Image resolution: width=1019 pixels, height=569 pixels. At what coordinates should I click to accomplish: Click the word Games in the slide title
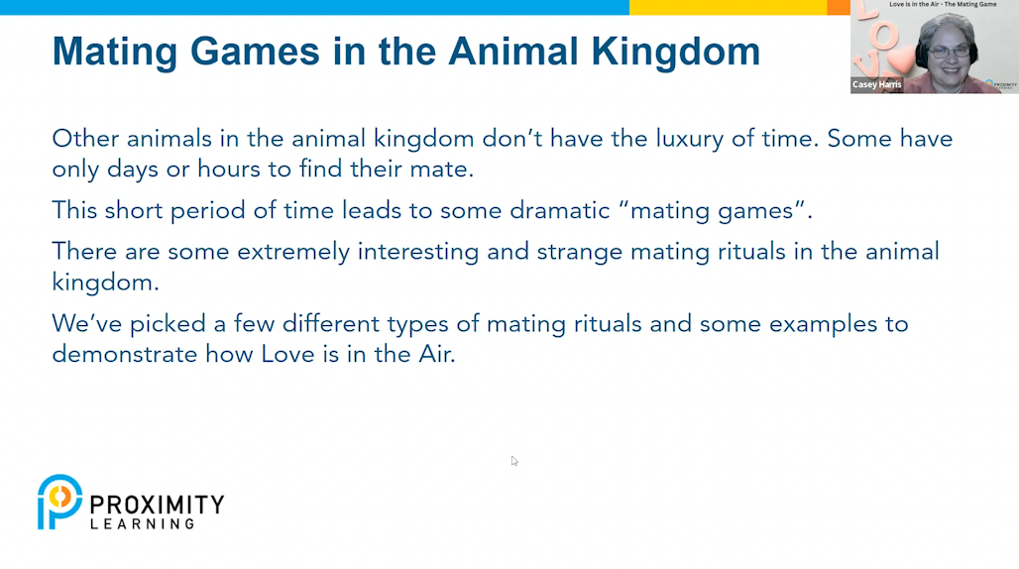click(x=255, y=52)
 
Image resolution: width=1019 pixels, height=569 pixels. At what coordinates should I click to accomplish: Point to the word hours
click(x=229, y=169)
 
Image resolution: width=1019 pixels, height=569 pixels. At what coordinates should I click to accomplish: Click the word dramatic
click(x=559, y=210)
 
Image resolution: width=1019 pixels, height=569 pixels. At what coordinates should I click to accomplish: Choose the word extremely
click(x=293, y=253)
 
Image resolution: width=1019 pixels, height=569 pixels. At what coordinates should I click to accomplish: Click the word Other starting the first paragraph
click(x=86, y=139)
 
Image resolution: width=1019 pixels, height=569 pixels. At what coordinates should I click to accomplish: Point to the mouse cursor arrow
click(x=514, y=461)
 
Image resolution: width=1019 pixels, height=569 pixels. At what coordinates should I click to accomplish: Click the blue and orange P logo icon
click(x=59, y=502)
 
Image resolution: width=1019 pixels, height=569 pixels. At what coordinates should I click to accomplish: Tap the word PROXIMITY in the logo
click(x=157, y=505)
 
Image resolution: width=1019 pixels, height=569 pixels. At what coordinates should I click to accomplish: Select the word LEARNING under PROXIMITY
click(x=143, y=523)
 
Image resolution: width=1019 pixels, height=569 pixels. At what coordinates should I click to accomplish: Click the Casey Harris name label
click(x=876, y=84)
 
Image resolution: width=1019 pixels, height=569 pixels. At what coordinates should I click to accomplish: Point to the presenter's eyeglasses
click(x=951, y=52)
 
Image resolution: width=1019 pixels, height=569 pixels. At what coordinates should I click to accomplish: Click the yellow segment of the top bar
click(x=728, y=7)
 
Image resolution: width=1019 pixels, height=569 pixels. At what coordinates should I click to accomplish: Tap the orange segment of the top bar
click(x=839, y=7)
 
